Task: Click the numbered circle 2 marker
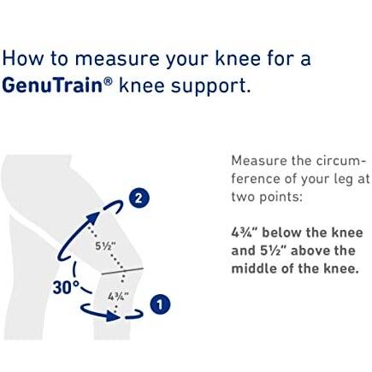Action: click(x=139, y=198)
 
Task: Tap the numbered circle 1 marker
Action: click(x=160, y=304)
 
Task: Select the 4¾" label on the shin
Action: click(x=118, y=297)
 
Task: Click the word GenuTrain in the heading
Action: click(x=52, y=85)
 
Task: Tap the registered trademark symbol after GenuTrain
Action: click(x=108, y=81)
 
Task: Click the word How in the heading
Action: click(x=23, y=58)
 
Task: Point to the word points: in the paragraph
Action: click(x=280, y=198)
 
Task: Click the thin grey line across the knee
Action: click(x=122, y=271)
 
